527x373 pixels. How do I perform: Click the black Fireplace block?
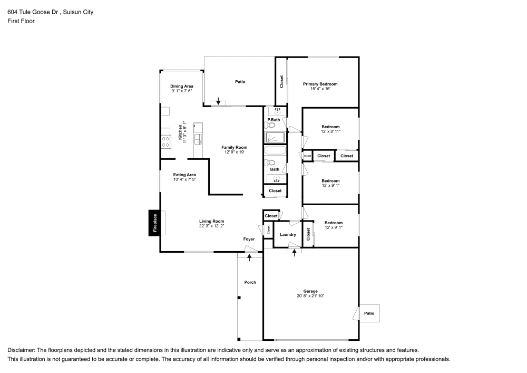154,223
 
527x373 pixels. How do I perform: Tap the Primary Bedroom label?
320,84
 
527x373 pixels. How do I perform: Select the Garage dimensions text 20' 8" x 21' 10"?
310,296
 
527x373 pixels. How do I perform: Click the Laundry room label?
288,234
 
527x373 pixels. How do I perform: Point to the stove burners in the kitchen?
165,141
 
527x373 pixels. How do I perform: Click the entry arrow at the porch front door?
249,257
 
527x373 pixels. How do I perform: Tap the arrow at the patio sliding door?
218,101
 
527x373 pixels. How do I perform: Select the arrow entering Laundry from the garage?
295,253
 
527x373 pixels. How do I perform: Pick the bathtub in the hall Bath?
275,150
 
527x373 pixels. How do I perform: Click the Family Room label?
235,147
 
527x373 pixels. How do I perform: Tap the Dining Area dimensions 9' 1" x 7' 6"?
181,91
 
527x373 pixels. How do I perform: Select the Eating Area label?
184,175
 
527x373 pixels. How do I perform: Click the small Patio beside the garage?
369,313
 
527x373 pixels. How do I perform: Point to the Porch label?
250,282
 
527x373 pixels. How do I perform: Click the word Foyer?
249,239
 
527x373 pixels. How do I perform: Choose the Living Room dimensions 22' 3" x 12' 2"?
211,226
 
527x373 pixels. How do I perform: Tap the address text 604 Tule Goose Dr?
34,12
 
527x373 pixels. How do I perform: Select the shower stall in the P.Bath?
275,137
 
